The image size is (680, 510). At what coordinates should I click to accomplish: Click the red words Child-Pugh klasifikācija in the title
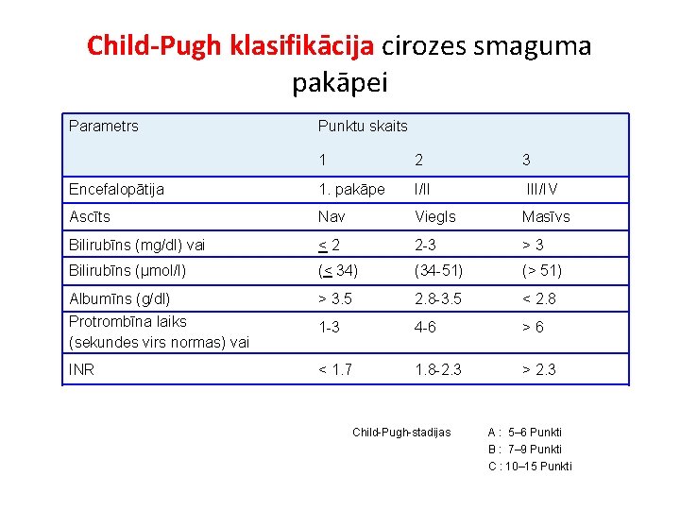230,45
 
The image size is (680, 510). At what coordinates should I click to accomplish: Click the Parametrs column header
104,126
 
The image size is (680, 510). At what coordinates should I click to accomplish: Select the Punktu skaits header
363,126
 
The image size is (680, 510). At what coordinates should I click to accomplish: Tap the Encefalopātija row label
116,189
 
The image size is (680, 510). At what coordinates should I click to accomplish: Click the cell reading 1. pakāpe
351,189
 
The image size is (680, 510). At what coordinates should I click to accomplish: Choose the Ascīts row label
90,217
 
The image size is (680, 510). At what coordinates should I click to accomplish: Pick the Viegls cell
435,217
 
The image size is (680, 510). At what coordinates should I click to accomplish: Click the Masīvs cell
546,217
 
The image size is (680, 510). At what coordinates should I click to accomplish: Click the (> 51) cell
542,271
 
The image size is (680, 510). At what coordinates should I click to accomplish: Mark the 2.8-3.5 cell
438,299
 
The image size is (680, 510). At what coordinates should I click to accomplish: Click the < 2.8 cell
541,299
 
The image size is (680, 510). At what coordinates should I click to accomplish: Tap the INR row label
82,369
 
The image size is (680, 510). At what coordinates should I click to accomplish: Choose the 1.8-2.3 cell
438,369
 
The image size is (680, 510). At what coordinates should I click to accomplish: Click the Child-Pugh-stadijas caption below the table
401,433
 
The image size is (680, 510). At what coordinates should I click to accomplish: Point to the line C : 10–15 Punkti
530,466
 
